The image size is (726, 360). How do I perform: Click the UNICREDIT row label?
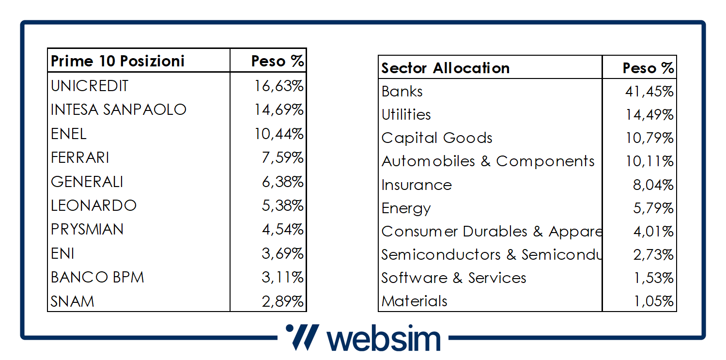[x=90, y=86]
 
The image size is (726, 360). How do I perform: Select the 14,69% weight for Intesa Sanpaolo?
[x=278, y=110]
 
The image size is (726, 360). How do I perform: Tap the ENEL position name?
[x=69, y=133]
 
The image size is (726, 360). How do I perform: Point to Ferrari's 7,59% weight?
[x=283, y=157]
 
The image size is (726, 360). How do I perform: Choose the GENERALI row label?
[x=87, y=182]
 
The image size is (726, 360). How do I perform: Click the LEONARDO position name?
[x=94, y=205]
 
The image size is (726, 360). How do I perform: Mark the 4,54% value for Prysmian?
[x=283, y=229]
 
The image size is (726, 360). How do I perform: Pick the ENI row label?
[x=63, y=253]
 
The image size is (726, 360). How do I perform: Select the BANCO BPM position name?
[x=97, y=278]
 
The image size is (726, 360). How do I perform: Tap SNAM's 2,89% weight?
[x=283, y=301]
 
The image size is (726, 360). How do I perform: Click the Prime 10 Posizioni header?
[x=118, y=61]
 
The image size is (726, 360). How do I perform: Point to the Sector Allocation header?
[x=445, y=68]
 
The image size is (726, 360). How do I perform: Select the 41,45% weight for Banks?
[x=649, y=91]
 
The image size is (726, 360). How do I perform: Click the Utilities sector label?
[x=406, y=115]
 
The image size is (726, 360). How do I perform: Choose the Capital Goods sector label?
[x=437, y=138]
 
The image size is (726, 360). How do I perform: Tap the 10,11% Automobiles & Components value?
[x=649, y=161]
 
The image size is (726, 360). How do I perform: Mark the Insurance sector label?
[x=417, y=185]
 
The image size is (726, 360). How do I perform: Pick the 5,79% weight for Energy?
[x=653, y=208]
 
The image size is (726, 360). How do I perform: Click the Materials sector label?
[x=415, y=301]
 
